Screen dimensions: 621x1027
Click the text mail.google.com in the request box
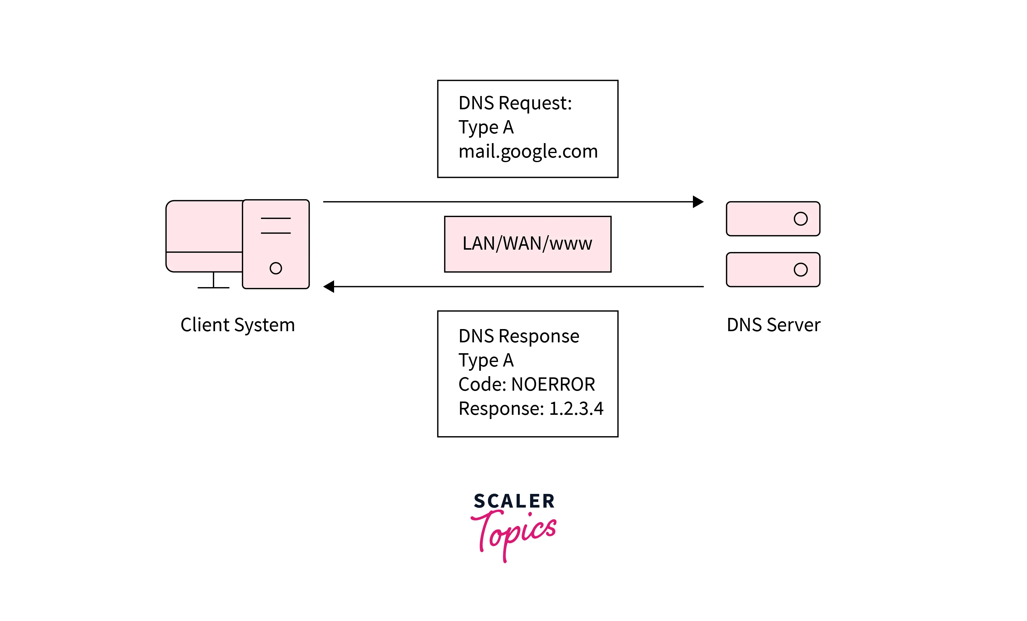click(x=528, y=152)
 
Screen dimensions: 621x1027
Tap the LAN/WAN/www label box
click(x=528, y=244)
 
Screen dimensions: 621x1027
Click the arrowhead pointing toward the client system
click(x=329, y=286)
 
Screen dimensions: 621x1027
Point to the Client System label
click(x=238, y=325)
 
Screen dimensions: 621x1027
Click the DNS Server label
click(x=774, y=325)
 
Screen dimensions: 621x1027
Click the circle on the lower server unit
click(x=801, y=270)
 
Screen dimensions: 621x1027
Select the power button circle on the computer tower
click(x=276, y=268)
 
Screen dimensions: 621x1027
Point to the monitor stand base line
click(x=213, y=288)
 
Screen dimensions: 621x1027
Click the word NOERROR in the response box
click(x=553, y=384)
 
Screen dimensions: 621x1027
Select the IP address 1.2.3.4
click(x=576, y=408)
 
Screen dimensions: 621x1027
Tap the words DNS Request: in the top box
click(x=515, y=103)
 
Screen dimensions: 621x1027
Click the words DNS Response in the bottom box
click(x=519, y=336)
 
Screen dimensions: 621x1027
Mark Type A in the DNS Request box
click(x=486, y=127)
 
